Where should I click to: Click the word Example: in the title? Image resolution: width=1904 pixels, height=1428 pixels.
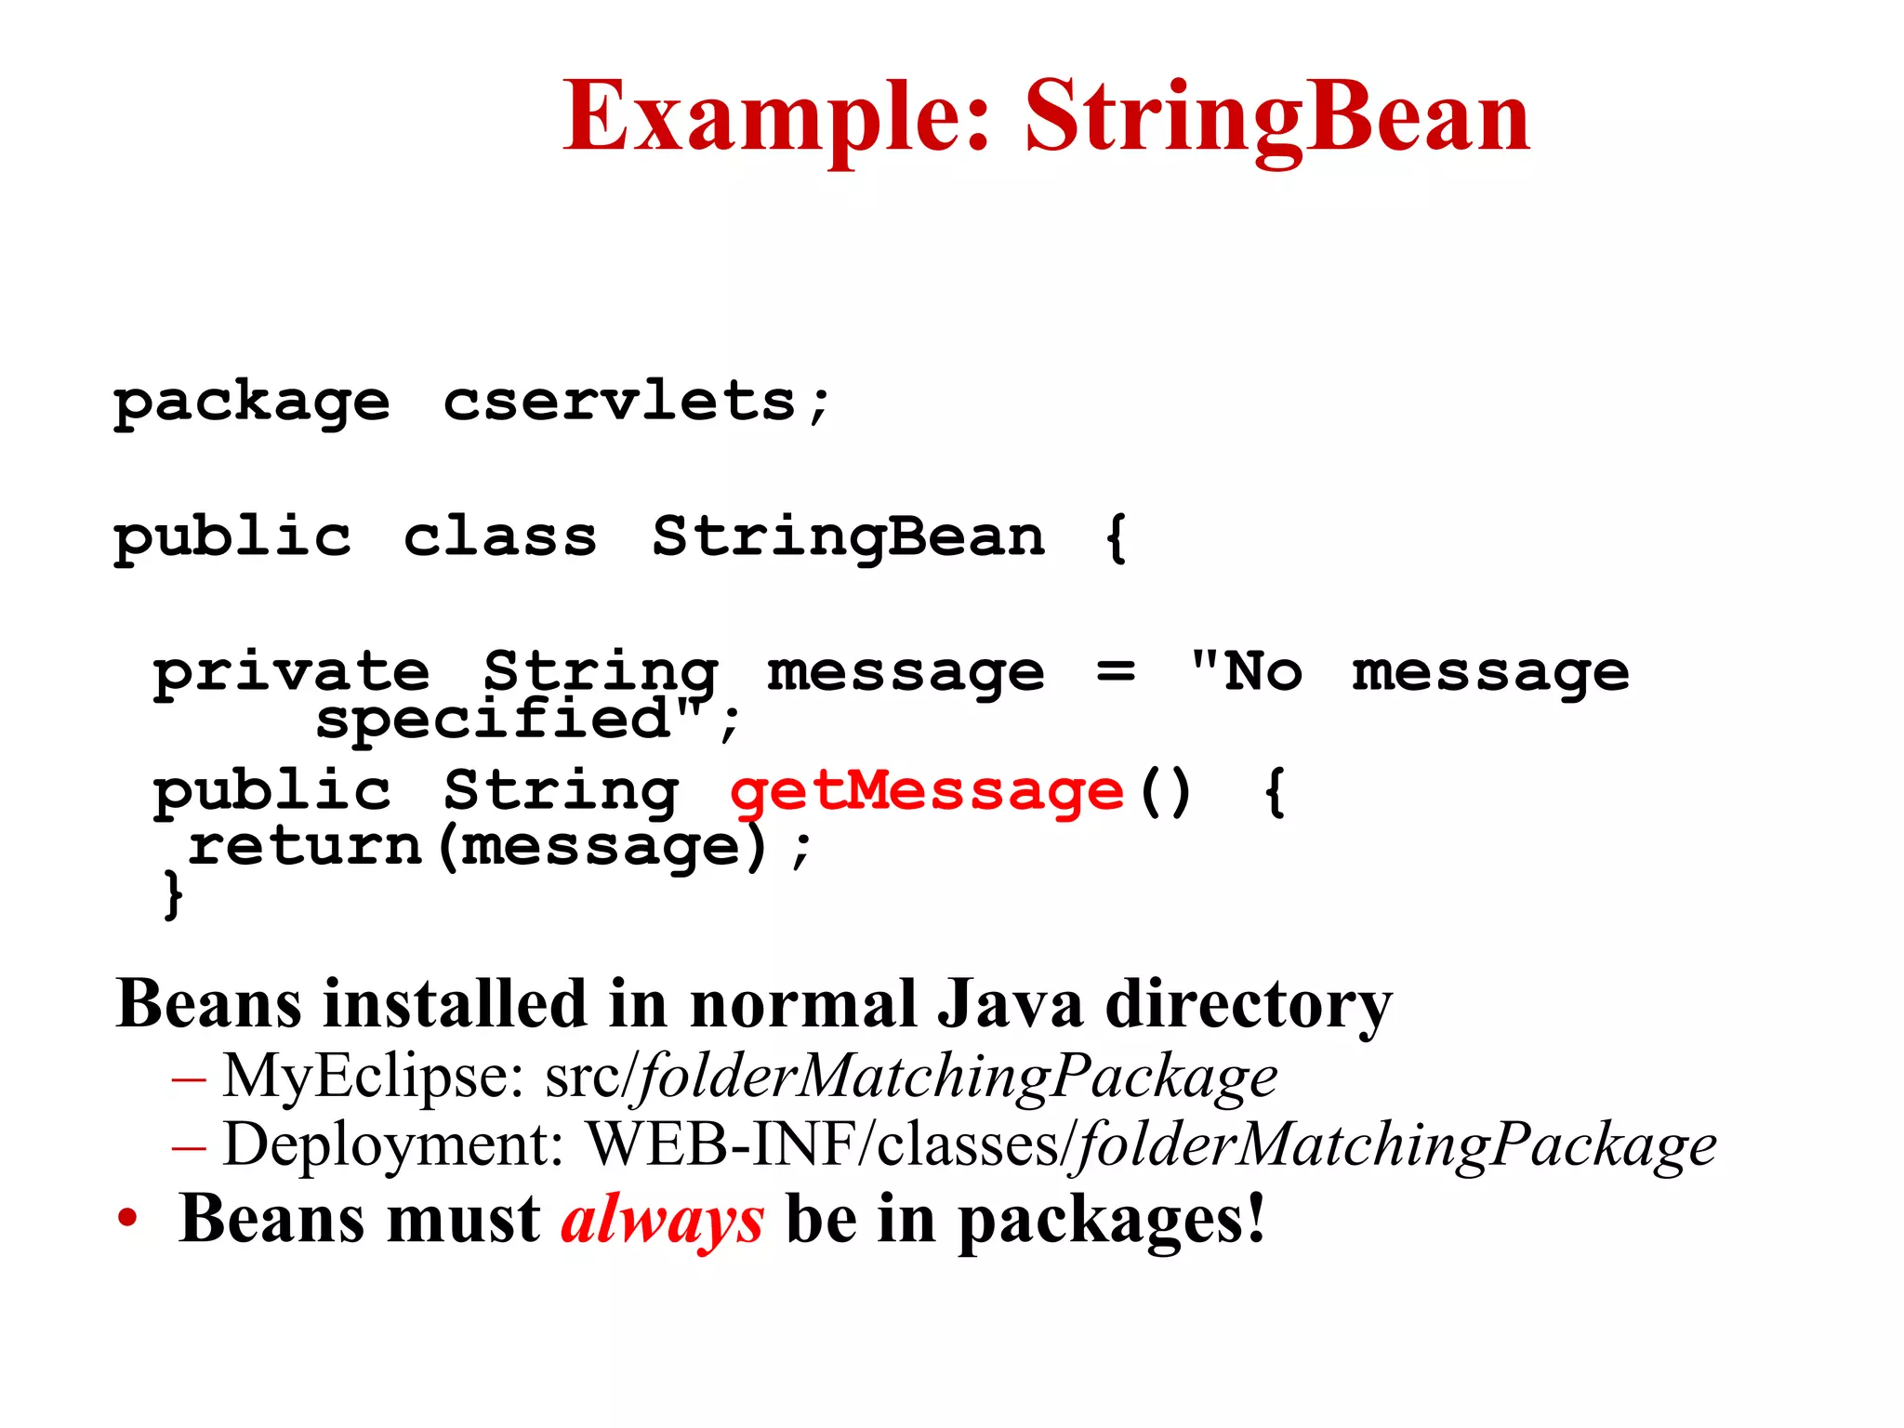pyautogui.click(x=777, y=117)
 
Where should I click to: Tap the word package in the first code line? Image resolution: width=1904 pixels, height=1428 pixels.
pyautogui.click(x=251, y=403)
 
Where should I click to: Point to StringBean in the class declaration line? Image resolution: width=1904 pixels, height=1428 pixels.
pyautogui.click(x=848, y=538)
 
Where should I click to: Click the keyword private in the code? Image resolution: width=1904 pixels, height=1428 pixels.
pyautogui.click(x=291, y=671)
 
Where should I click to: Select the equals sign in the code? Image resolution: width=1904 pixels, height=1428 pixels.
pyautogui.click(x=1115, y=671)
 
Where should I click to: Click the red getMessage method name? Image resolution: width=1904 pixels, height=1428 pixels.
pyautogui.click(x=927, y=792)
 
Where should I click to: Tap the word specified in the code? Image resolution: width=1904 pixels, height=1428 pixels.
pyautogui.click(x=493, y=719)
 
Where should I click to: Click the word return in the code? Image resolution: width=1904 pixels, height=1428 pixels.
pyautogui.click(x=306, y=846)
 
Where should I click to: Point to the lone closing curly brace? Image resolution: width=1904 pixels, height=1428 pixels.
pyautogui.click(x=173, y=894)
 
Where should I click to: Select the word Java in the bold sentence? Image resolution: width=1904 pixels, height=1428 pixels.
pyautogui.click(x=1010, y=1004)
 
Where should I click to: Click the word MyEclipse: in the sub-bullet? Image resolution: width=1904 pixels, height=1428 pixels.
pyautogui.click(x=373, y=1077)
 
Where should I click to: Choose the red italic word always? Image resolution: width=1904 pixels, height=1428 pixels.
pyautogui.click(x=662, y=1219)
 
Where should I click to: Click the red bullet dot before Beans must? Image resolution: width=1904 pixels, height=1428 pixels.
pyautogui.click(x=127, y=1219)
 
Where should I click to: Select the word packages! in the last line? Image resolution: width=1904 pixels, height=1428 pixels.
pyautogui.click(x=1111, y=1221)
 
